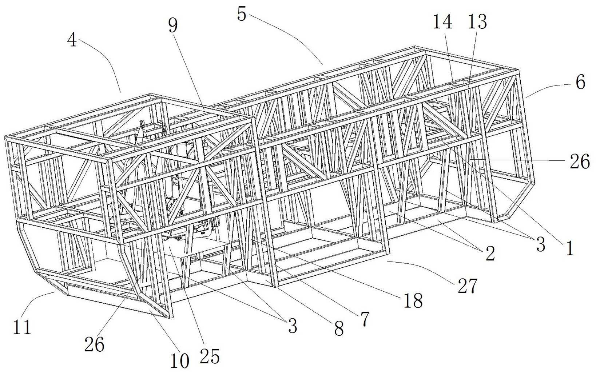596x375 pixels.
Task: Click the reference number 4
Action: (72, 40)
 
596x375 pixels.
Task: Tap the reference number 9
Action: (174, 26)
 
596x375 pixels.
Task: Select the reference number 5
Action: (242, 13)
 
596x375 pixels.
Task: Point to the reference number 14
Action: (442, 22)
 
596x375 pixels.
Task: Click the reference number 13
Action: (477, 22)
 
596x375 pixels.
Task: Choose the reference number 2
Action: (490, 254)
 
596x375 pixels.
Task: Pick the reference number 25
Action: (210, 356)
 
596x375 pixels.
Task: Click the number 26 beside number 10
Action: (94, 344)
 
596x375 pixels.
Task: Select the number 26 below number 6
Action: (580, 161)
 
